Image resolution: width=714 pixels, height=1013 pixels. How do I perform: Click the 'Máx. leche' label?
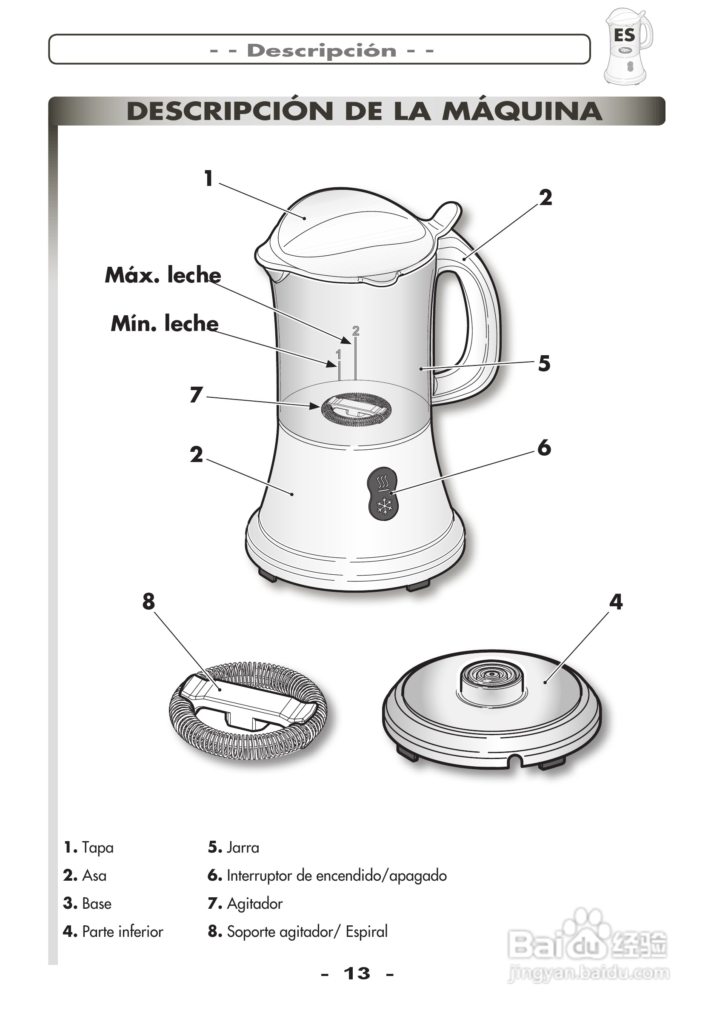(x=163, y=275)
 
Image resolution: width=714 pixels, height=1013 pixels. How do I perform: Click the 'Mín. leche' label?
(x=165, y=324)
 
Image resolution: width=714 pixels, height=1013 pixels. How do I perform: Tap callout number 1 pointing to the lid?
(x=209, y=179)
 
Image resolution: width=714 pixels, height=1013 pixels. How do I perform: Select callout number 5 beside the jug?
(x=544, y=364)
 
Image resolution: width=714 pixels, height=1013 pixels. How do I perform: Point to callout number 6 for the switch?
(x=544, y=448)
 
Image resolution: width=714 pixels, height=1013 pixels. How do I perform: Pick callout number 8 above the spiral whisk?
(x=149, y=601)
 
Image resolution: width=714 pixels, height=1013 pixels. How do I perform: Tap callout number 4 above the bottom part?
(x=616, y=602)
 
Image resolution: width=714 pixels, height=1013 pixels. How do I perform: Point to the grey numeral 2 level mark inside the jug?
(x=356, y=331)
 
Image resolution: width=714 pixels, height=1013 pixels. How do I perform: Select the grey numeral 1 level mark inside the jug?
(x=338, y=354)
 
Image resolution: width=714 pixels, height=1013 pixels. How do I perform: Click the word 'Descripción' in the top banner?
(x=322, y=51)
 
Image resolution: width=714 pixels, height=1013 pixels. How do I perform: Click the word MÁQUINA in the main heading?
(x=522, y=111)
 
